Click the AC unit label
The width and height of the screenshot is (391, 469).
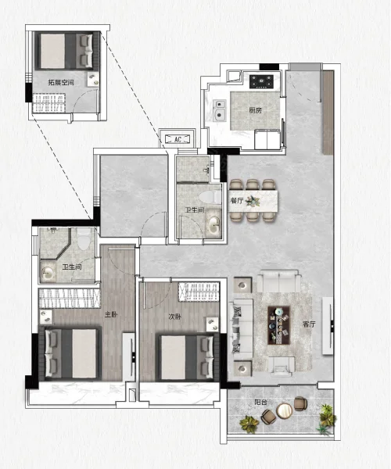coord(178,139)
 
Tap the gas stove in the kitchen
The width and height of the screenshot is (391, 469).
coord(261,81)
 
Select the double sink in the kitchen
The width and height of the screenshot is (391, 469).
coord(220,110)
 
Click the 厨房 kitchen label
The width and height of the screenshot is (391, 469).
coord(256,110)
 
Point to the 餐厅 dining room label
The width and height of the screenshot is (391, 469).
coord(237,200)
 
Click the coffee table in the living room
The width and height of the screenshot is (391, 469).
coord(279,325)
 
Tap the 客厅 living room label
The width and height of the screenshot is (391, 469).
coord(309,324)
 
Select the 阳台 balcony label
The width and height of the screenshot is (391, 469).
coord(261,403)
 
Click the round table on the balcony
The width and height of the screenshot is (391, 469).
coord(284,410)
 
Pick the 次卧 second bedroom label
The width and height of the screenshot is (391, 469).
coord(174,317)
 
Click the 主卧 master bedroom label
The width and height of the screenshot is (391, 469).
coord(111,315)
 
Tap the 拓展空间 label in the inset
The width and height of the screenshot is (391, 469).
coord(61,82)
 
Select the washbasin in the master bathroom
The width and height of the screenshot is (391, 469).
coord(47,274)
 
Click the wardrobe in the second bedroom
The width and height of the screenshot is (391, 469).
coord(199,291)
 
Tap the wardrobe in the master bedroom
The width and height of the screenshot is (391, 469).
coord(69,299)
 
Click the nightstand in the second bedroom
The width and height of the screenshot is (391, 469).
coord(212,324)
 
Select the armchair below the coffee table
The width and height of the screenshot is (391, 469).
coord(281,366)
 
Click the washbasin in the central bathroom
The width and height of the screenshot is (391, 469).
coord(213,224)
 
